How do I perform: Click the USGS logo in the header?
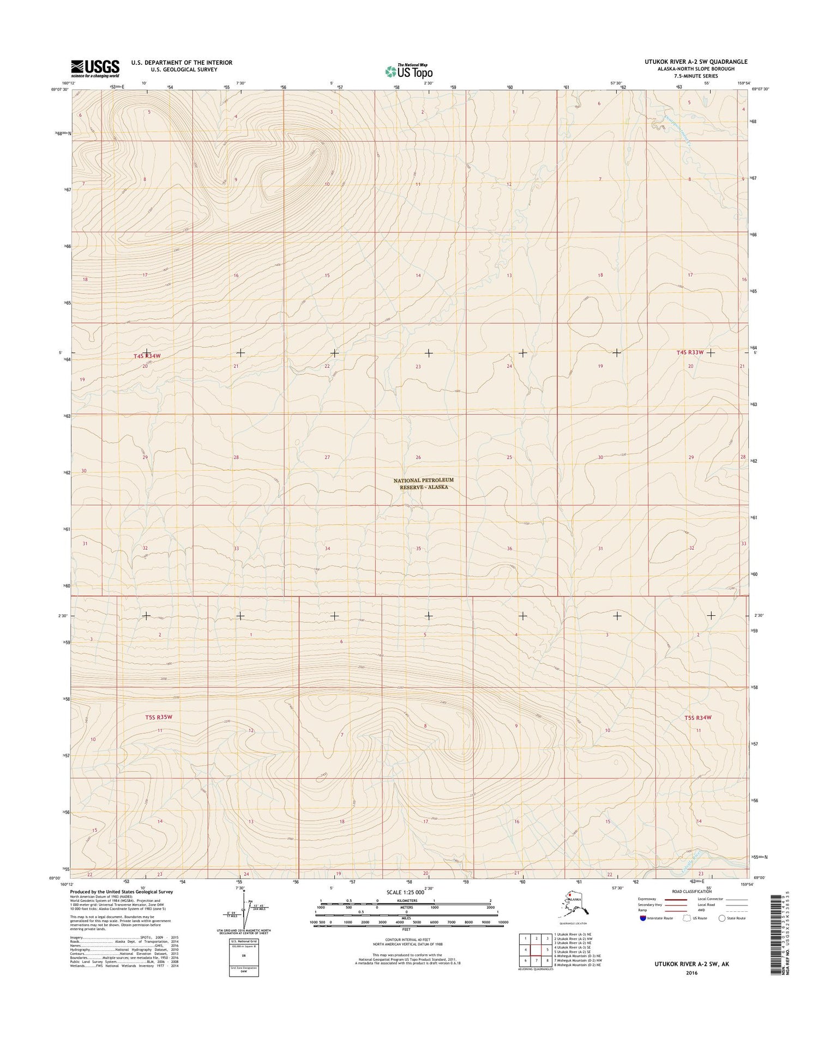point(95,67)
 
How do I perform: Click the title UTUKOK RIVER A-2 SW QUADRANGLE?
point(695,62)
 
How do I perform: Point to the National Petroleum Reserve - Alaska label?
point(423,483)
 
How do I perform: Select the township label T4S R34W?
point(147,356)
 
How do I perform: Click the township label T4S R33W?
point(687,353)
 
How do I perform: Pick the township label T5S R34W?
point(698,717)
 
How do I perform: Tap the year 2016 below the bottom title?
point(691,972)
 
